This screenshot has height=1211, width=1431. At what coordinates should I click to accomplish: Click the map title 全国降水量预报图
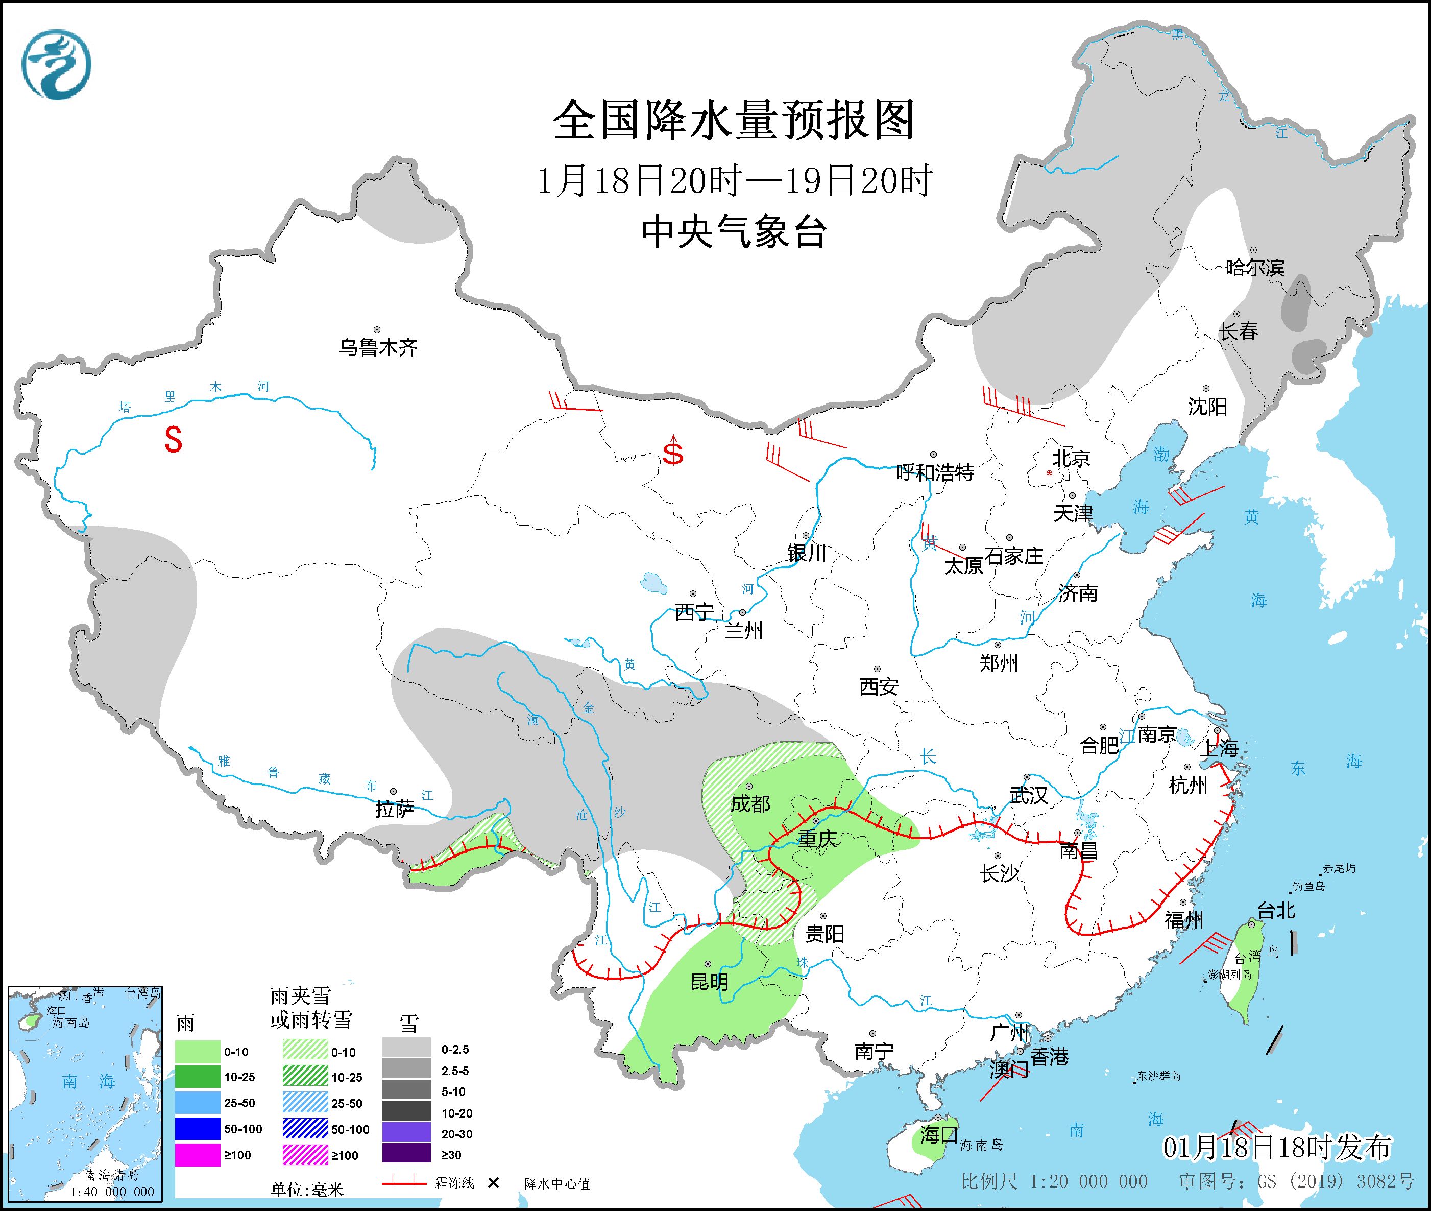(x=734, y=120)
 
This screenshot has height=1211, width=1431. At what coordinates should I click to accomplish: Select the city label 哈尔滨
(x=1254, y=267)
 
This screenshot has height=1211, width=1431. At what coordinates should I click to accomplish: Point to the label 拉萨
(x=395, y=810)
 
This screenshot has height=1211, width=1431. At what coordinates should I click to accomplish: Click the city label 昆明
(x=709, y=982)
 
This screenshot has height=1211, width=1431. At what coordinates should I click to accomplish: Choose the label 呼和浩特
(x=935, y=472)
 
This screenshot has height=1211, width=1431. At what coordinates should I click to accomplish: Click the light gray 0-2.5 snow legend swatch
(x=406, y=1049)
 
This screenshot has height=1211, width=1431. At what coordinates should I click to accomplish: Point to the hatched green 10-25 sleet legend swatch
(x=305, y=1077)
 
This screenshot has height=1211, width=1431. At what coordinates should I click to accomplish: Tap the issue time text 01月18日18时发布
(x=1277, y=1147)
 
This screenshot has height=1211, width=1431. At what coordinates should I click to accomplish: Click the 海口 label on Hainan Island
(x=938, y=1135)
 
